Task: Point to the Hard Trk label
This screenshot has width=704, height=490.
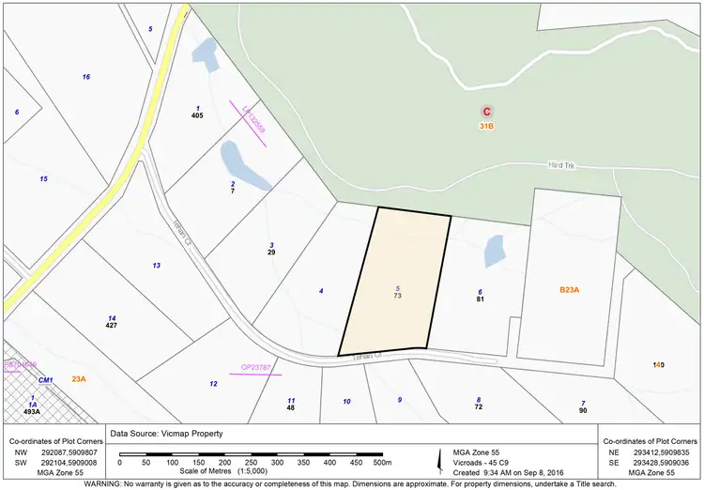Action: [561, 165]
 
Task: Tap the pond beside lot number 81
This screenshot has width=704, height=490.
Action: [494, 251]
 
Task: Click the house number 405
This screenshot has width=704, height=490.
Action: [197, 115]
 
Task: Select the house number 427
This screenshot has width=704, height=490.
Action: [112, 325]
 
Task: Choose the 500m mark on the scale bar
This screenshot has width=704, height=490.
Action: [381, 463]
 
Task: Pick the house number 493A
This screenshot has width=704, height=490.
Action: [32, 411]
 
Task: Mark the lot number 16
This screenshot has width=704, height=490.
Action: [85, 76]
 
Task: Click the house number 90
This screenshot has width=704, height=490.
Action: [583, 410]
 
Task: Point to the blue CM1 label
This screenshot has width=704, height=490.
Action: [44, 379]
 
